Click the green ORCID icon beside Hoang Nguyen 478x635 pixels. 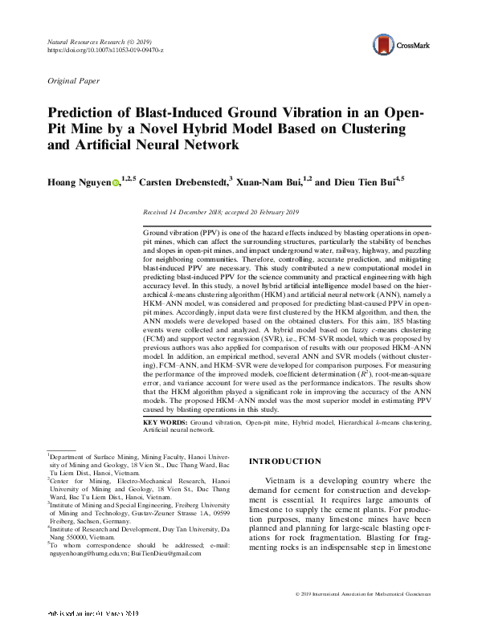click(x=116, y=184)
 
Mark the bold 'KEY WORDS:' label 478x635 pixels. click(x=165, y=421)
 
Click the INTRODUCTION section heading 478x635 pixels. click(x=286, y=462)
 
